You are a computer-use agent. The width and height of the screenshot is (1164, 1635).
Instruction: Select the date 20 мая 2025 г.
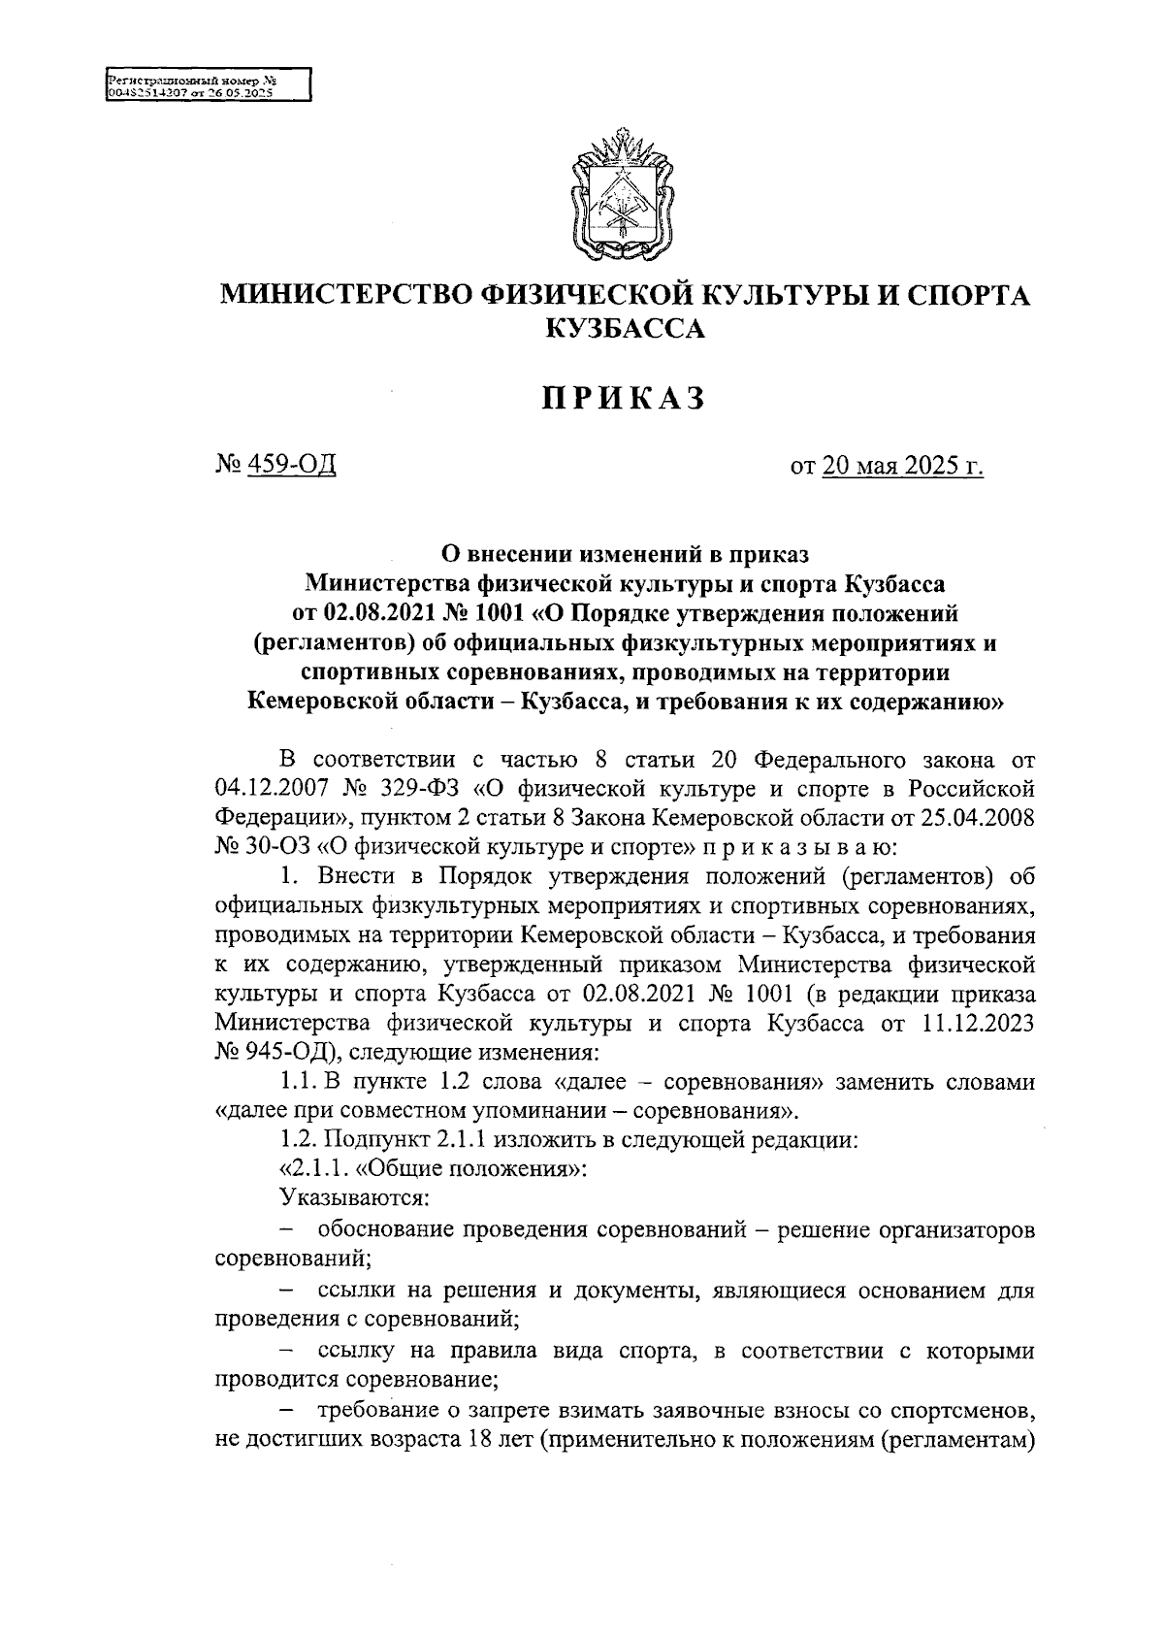coord(902,468)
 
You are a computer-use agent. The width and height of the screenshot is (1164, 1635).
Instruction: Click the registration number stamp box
coord(207,84)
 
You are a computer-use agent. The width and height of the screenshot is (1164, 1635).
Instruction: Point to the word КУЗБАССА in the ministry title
coord(625,329)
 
